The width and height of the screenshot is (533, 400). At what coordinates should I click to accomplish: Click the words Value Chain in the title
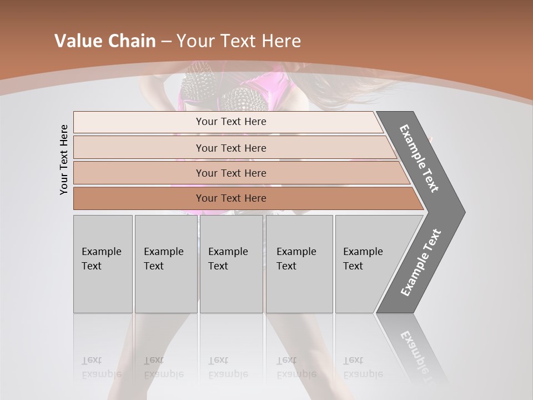point(105,41)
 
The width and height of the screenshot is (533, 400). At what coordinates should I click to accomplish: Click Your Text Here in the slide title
point(239,41)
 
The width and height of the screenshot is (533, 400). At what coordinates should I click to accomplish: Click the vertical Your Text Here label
point(64,159)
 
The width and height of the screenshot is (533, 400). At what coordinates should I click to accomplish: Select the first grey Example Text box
point(103,264)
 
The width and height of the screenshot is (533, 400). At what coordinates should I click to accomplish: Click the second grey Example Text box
point(165,264)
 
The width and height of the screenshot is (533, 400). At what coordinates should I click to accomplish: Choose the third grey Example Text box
point(231,264)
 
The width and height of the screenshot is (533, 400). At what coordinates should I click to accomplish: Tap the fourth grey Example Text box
point(299,264)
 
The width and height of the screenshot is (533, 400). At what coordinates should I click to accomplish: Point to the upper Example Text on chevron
point(419,158)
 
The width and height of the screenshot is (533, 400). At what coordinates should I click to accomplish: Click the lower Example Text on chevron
point(421,262)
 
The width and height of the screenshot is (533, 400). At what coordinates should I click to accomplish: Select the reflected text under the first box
point(101,367)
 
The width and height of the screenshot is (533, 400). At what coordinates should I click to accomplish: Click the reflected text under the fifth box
point(363,367)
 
